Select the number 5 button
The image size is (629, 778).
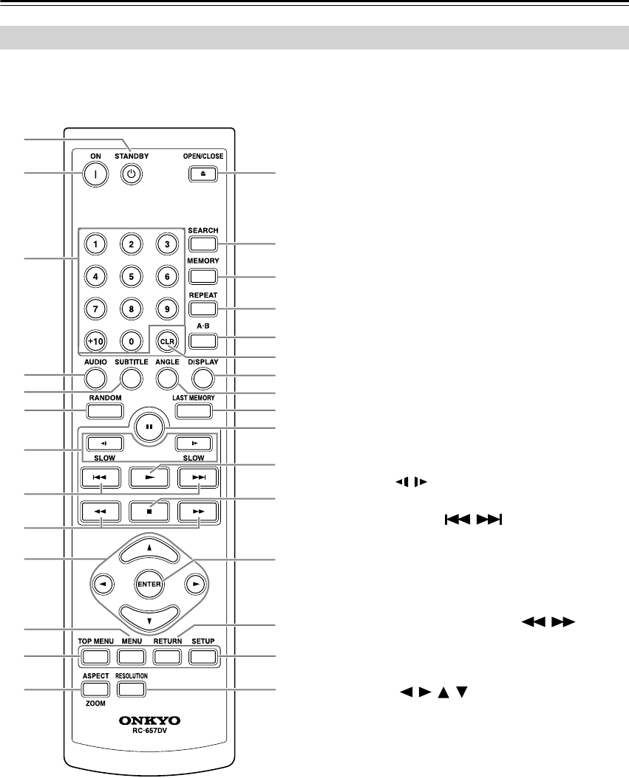click(x=131, y=277)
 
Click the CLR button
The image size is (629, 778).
click(x=167, y=340)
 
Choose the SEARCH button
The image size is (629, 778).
click(x=203, y=244)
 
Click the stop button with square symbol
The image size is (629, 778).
click(x=149, y=509)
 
